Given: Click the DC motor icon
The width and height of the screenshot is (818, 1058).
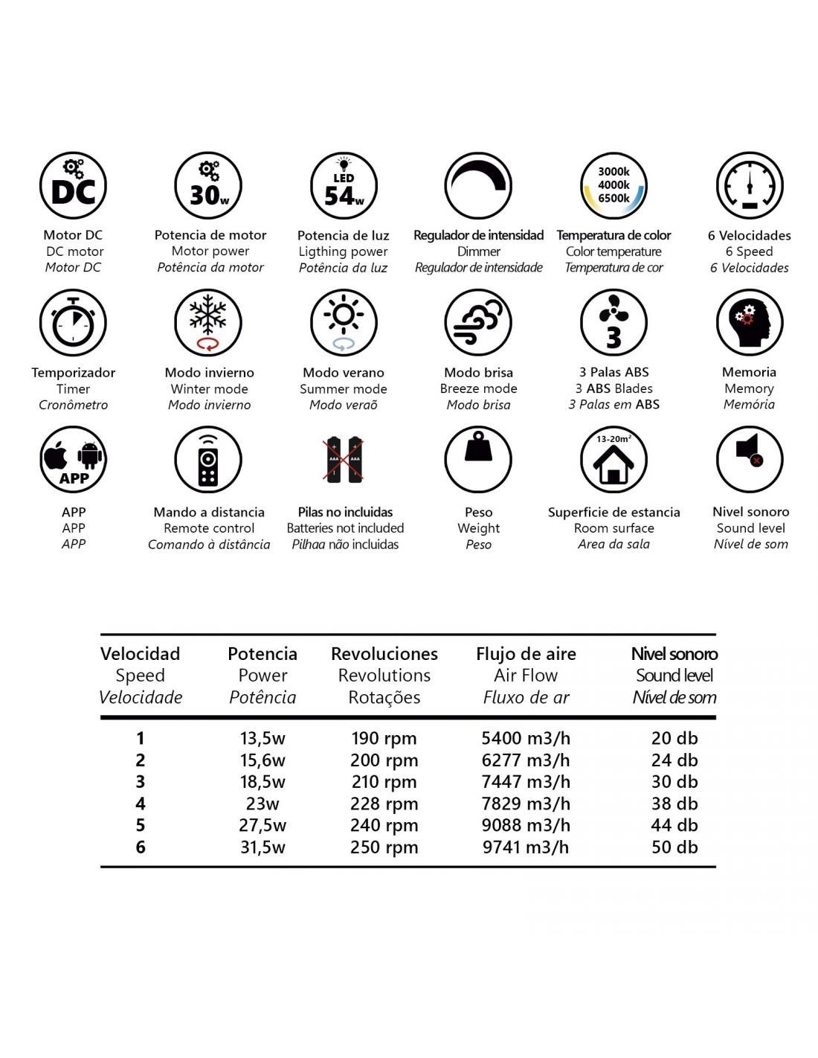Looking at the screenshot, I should tap(73, 187).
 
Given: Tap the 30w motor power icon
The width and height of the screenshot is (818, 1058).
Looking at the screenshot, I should tap(209, 187).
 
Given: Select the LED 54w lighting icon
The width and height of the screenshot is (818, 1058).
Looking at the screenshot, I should tap(344, 187).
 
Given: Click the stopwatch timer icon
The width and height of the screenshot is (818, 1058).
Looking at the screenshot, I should tap(73, 323).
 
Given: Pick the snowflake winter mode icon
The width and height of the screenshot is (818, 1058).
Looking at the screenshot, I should tap(209, 323).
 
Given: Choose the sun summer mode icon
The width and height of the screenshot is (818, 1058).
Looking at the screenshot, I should tap(344, 323).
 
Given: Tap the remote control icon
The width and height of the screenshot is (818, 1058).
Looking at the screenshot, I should tap(209, 460).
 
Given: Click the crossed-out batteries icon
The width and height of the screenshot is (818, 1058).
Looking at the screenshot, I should tap(344, 460).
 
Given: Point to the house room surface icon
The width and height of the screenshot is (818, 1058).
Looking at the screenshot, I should tap(613, 460).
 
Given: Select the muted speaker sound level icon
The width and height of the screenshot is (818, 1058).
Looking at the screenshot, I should tap(750, 460).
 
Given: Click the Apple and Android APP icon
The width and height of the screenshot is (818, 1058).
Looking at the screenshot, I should tap(73, 460).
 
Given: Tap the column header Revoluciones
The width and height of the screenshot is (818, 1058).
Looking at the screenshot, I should tap(384, 654).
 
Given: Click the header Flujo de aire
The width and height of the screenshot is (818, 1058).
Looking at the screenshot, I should tap(526, 654).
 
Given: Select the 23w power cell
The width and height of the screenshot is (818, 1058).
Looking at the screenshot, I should tap(263, 804).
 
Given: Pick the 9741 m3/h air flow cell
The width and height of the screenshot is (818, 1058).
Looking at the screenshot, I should tap(526, 847).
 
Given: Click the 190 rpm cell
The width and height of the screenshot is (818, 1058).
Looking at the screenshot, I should tap(384, 739).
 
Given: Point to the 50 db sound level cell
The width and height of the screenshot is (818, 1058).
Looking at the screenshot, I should tap(674, 847).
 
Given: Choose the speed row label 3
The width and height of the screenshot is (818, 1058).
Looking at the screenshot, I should tap(141, 782).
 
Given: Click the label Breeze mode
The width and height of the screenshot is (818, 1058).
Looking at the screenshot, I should tap(478, 388).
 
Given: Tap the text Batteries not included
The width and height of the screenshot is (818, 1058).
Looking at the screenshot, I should tap(345, 528).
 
